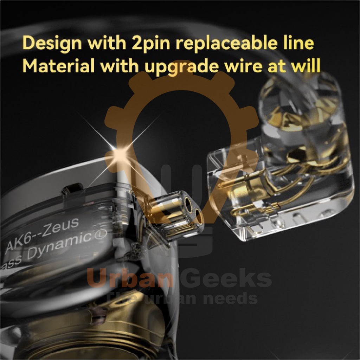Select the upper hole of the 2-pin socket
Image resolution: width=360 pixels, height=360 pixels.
(x=186, y=205)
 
